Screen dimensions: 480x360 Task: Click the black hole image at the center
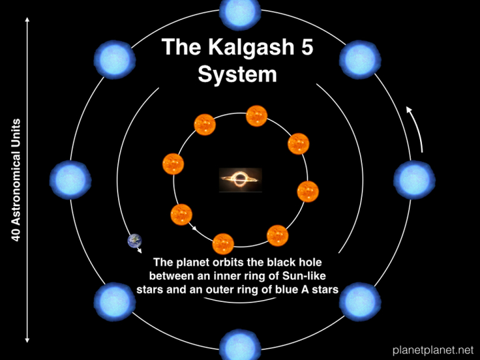(x=241, y=180)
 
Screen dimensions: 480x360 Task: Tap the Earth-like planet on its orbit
(x=135, y=241)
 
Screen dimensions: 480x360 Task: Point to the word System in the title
(x=237, y=75)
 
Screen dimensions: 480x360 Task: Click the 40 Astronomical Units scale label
(x=15, y=180)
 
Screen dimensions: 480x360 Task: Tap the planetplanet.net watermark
(x=433, y=349)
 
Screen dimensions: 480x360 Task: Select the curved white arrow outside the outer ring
(x=417, y=128)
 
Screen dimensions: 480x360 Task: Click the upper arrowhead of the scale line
(x=27, y=20)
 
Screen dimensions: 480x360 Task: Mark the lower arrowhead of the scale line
(x=27, y=340)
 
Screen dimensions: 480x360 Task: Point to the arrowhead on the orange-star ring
(x=194, y=227)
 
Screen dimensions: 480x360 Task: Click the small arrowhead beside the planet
(x=139, y=251)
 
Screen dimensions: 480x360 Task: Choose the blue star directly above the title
(x=240, y=11)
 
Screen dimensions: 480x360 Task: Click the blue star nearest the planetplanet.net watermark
(x=360, y=302)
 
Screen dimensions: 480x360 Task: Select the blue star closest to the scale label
(x=71, y=180)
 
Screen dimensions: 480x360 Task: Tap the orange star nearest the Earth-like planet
(x=181, y=215)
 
